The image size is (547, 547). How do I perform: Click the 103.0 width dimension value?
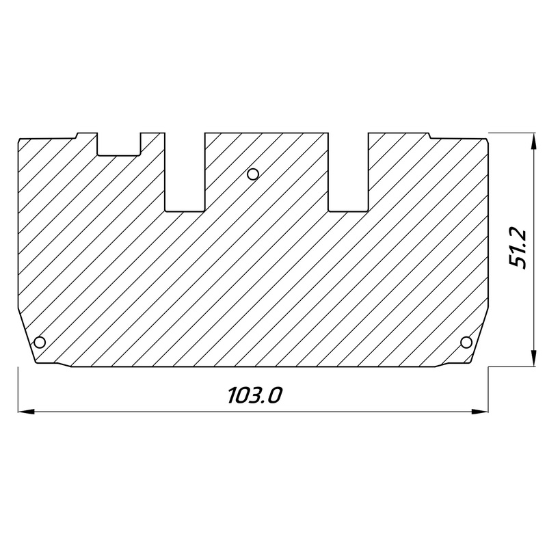(254, 395)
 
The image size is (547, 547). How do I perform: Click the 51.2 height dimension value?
(518, 249)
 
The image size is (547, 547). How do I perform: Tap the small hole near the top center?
(253, 174)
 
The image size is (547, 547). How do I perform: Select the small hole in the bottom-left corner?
(40, 341)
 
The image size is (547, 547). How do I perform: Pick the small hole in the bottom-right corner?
(466, 341)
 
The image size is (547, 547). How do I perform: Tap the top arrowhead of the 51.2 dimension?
(533, 140)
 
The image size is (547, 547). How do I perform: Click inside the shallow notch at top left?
(119, 143)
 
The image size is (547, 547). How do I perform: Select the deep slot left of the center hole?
(185, 171)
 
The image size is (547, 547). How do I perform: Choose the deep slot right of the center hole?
(348, 171)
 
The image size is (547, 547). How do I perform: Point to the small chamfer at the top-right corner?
(487, 139)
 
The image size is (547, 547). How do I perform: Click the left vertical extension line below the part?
(16, 390)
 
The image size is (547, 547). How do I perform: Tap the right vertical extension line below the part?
(490, 390)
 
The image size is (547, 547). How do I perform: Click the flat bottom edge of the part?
(253, 366)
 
